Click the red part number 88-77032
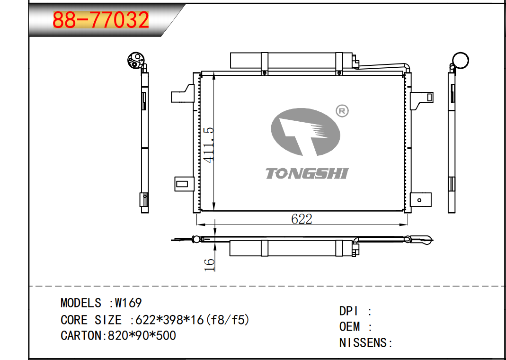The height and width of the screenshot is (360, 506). coord(100,19)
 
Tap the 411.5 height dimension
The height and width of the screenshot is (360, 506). coord(209,144)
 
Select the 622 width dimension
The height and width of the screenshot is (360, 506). coord(302,219)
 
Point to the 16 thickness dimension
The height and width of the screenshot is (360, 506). coord(209,265)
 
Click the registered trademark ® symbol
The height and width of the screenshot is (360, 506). coord(342,111)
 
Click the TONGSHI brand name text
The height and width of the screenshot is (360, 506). coord(307,173)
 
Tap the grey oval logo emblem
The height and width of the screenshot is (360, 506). coord(305,132)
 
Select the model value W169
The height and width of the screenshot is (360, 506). coord(128,303)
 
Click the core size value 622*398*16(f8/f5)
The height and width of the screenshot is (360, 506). coord(192,320)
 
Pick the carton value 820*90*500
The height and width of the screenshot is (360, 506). coord(142,335)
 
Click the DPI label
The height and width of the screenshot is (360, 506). coord(349,311)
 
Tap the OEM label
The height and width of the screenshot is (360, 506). coord(349,327)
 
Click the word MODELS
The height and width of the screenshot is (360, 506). coord(80,303)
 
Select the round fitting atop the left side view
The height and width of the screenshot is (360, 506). coord(135,60)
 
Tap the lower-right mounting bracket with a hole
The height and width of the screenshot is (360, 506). coord(420,199)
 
